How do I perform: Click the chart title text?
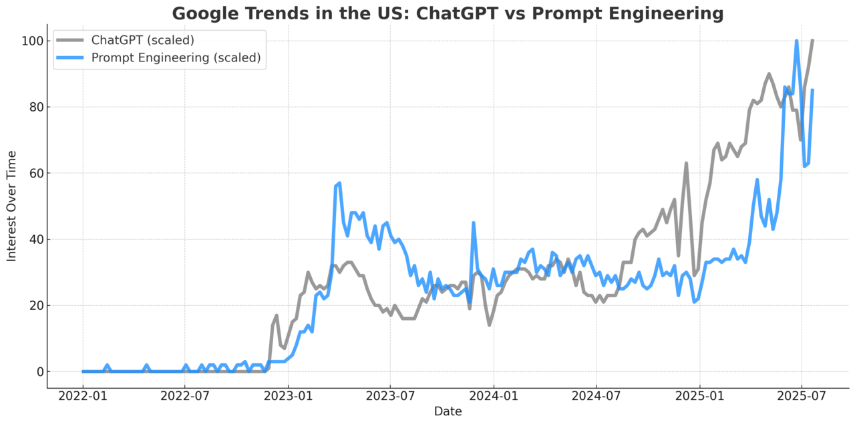tap(448, 13)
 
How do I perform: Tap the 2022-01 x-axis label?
tap(83, 396)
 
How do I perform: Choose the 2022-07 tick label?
tap(185, 396)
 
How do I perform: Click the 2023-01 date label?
tap(289, 396)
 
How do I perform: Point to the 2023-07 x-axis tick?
tap(391, 396)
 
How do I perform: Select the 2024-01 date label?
tap(494, 396)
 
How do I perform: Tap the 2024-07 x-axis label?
tap(596, 396)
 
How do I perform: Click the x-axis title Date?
tap(448, 411)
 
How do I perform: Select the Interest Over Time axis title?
tap(12, 206)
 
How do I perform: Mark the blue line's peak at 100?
tap(796, 41)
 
